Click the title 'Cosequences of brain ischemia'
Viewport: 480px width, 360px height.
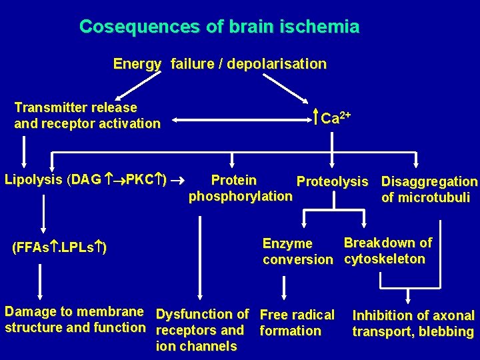click(219, 27)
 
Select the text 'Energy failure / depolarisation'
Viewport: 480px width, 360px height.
click(219, 64)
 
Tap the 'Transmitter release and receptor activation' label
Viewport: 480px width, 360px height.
click(87, 115)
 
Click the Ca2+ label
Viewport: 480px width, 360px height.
click(335, 118)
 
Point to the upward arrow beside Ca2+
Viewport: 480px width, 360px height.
click(315, 118)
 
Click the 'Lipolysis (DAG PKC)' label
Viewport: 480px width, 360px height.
click(85, 180)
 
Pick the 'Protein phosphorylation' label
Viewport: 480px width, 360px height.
click(240, 188)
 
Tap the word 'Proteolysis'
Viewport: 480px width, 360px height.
click(332, 181)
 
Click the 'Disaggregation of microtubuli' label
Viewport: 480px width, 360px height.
click(429, 189)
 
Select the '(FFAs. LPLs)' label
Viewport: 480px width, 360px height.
click(60, 248)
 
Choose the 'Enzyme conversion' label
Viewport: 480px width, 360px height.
click(297, 251)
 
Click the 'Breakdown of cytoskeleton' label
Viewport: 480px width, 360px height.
click(387, 251)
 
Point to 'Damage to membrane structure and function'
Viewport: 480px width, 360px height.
click(75, 319)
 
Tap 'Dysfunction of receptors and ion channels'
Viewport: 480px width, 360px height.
click(202, 330)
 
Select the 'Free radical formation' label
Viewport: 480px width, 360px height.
click(297, 323)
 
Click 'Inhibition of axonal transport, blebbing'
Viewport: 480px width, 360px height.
click(413, 324)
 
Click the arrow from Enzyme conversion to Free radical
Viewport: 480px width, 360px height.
click(285, 287)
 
